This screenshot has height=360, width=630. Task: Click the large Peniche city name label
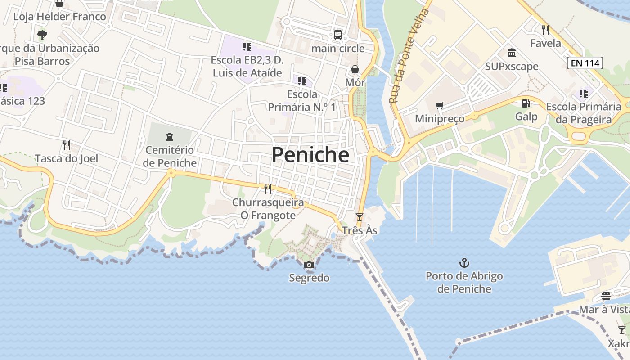[310, 155]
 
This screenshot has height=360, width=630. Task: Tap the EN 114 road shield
[585, 63]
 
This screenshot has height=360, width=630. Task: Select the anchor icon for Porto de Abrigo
[464, 262]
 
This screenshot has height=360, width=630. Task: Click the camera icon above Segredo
[309, 265]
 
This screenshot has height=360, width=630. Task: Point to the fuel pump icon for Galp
[526, 103]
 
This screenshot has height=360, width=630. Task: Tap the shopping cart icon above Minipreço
[439, 105]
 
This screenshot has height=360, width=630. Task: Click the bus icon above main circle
[337, 35]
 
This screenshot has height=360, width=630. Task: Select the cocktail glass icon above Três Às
[359, 217]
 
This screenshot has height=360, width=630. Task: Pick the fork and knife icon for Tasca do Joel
[67, 145]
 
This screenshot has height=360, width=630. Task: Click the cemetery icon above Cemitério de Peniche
[170, 136]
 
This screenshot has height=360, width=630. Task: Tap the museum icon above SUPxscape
[512, 53]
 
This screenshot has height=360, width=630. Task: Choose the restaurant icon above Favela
[545, 30]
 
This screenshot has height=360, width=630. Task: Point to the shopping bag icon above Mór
[355, 69]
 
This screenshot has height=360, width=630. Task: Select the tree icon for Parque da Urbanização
[42, 34]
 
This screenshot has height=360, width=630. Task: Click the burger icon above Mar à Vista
[606, 296]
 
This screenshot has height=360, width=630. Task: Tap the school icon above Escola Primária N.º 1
[302, 81]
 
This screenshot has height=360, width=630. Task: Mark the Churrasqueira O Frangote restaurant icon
[268, 189]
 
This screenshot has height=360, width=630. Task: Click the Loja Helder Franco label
[60, 17]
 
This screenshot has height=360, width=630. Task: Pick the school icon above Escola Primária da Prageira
[583, 94]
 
